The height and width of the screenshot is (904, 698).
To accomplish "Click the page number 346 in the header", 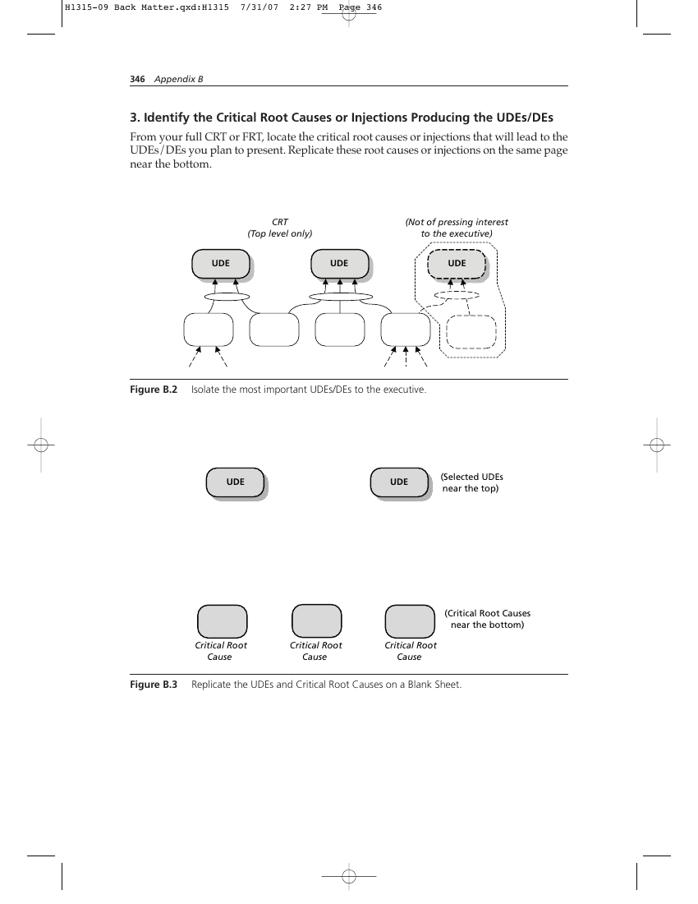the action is pyautogui.click(x=137, y=79).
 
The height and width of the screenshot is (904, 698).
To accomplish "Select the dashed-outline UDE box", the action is pyautogui.click(x=457, y=264).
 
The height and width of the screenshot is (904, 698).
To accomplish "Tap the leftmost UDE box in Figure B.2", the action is pyautogui.click(x=222, y=265).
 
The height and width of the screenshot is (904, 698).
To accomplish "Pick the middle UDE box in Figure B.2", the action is pyautogui.click(x=340, y=265).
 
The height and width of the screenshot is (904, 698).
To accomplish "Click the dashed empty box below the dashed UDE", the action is pyautogui.click(x=471, y=332).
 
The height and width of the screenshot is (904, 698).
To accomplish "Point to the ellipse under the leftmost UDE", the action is pyautogui.click(x=227, y=297).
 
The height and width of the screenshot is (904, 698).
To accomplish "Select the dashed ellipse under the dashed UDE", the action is pyautogui.click(x=457, y=295).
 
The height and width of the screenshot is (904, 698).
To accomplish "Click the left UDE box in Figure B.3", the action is pyautogui.click(x=236, y=483).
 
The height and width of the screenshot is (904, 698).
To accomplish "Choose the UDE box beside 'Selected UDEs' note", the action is pyautogui.click(x=400, y=483).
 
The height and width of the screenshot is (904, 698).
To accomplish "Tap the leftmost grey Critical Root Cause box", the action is pyautogui.click(x=223, y=621).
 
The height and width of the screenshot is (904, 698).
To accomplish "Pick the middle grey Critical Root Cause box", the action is pyautogui.click(x=317, y=621).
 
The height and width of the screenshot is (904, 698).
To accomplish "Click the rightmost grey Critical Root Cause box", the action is pyautogui.click(x=410, y=621).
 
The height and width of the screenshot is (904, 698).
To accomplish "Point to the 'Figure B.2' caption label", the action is pyautogui.click(x=154, y=390).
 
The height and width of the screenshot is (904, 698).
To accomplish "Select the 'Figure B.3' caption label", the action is pyautogui.click(x=154, y=685).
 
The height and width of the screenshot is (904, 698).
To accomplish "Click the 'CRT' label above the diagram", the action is pyautogui.click(x=280, y=222).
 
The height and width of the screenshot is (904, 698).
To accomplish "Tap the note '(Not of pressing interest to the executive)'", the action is pyautogui.click(x=457, y=228).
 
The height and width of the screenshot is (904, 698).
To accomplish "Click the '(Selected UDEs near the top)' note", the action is pyautogui.click(x=471, y=482).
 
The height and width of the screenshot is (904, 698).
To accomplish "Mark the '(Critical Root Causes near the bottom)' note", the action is pyautogui.click(x=487, y=619).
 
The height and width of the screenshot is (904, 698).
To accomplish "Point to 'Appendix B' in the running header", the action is pyautogui.click(x=178, y=79).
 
